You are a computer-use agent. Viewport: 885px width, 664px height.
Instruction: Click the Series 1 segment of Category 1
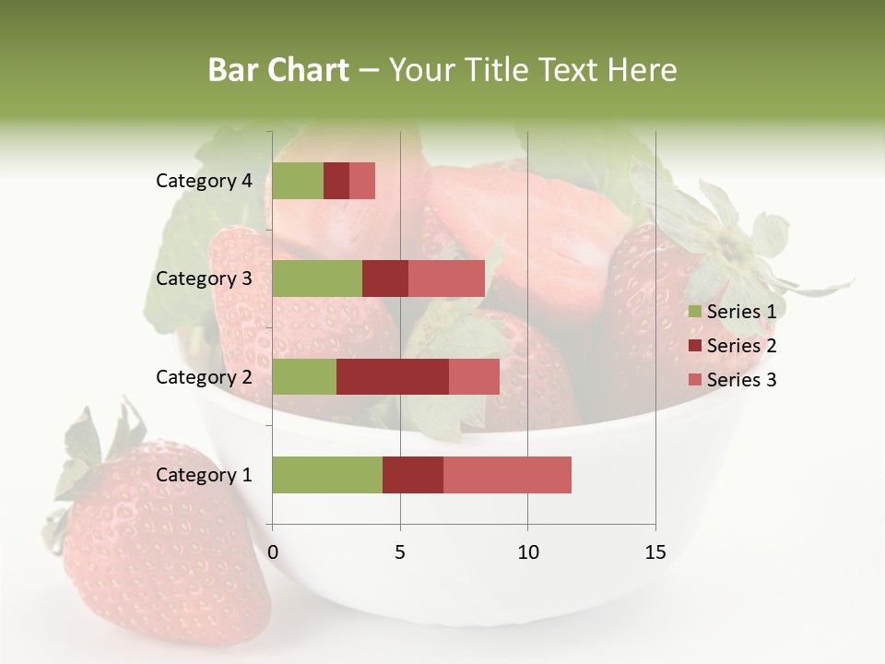coord(327,475)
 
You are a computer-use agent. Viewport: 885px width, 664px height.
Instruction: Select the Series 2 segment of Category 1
coord(413,475)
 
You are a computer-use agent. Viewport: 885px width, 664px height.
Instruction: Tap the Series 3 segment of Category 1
coord(507,475)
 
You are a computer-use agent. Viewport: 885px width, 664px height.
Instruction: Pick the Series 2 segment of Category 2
coord(393,376)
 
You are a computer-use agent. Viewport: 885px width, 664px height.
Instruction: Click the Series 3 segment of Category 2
coord(474,376)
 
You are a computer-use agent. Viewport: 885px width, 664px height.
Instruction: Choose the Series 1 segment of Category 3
coord(317,279)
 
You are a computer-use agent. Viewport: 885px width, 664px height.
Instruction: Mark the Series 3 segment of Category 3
coord(446,279)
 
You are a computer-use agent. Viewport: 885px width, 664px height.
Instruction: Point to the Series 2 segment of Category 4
coord(336,181)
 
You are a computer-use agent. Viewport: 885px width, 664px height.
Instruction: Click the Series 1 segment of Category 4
coord(298,181)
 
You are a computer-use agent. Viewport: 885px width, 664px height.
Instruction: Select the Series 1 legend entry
coord(732,312)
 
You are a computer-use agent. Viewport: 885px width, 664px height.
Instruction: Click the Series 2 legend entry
coord(732,346)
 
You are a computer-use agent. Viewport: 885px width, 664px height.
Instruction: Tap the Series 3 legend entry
coord(732,380)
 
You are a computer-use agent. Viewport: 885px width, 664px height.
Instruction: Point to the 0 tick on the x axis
coord(273,552)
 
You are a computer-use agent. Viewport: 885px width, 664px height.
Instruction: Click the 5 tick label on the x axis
coord(400,552)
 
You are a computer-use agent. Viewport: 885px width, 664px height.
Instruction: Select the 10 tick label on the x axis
coord(527,552)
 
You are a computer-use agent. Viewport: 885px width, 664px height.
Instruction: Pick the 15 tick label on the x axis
coord(655,552)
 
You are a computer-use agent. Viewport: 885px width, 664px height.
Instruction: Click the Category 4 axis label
coord(204,181)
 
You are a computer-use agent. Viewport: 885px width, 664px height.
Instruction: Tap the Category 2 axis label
coord(204,376)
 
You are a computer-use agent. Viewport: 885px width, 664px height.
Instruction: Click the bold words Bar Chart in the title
coord(278,70)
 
